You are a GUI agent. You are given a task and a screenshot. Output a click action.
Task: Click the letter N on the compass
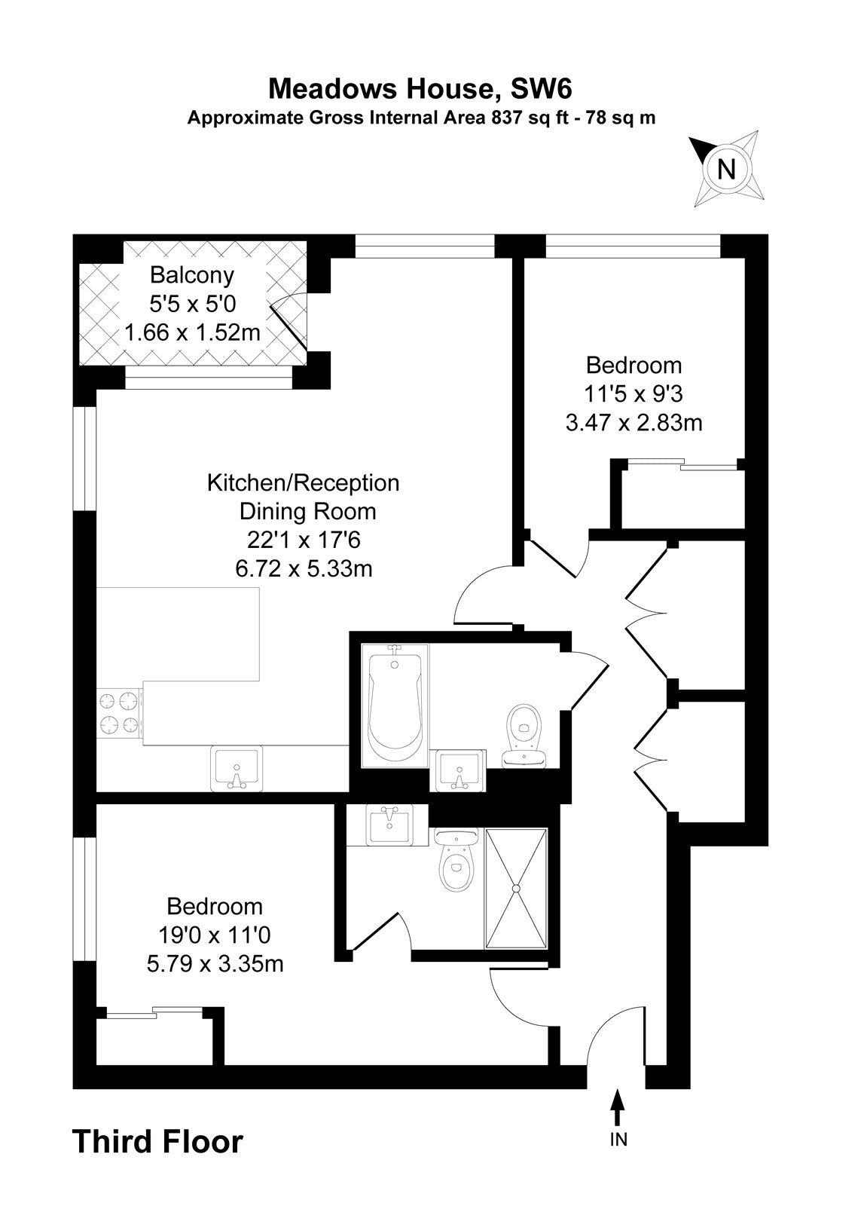pos(727,170)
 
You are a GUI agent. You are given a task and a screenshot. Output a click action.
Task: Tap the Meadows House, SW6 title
pos(420,89)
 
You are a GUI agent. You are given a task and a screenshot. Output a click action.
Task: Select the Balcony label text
pos(192,275)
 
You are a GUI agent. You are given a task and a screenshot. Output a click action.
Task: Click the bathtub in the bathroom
pos(395,706)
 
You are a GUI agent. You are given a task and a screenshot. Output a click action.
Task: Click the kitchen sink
pos(237,768)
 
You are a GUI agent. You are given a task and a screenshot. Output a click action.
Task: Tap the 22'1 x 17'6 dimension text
pos(304,540)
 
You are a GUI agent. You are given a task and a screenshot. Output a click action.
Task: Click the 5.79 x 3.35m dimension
pos(215,963)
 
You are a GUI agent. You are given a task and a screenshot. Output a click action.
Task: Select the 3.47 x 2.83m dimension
pos(633,423)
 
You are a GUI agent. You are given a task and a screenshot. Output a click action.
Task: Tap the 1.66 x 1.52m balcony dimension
pos(192,332)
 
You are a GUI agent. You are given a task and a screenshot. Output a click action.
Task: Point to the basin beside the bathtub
pos(458,770)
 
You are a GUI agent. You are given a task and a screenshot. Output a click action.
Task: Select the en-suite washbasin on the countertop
pos(389,825)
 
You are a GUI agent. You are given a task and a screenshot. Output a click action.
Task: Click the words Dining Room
pos(308,512)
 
